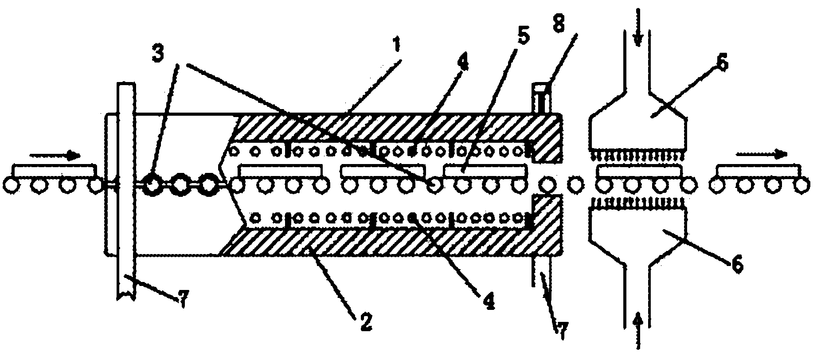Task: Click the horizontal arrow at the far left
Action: [55, 155]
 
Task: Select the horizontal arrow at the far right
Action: [762, 154]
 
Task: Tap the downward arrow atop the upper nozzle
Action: [637, 27]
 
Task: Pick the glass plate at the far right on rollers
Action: [758, 171]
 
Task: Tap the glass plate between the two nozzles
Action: [639, 171]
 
